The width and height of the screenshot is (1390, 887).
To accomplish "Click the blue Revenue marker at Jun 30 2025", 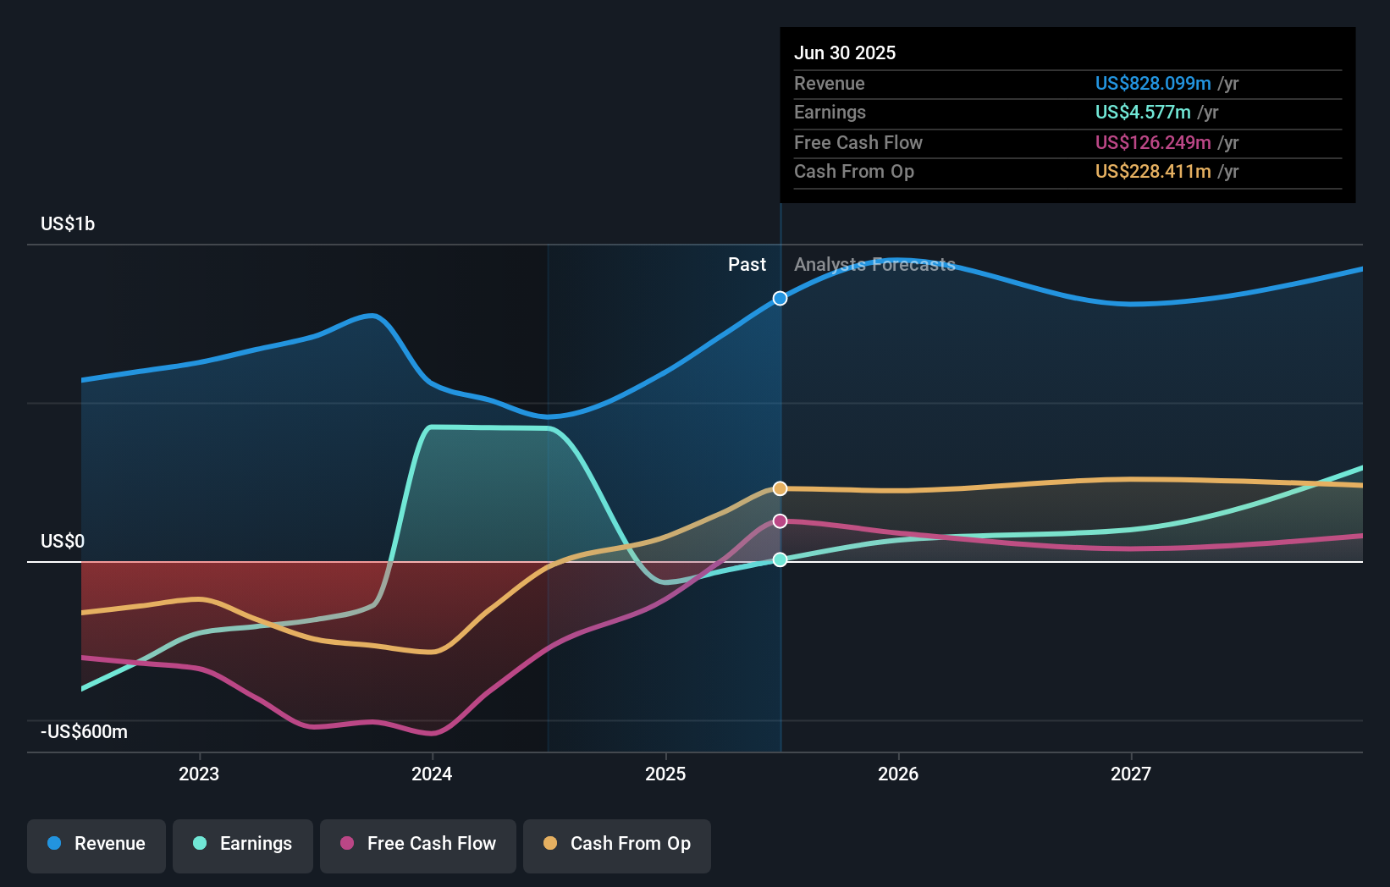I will [780, 298].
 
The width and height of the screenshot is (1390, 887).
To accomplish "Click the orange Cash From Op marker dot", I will [780, 488].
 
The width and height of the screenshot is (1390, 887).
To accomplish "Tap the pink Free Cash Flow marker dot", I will [780, 521].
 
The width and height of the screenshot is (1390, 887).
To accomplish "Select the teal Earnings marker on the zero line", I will [780, 559].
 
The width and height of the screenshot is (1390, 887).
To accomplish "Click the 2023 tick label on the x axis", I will [199, 774].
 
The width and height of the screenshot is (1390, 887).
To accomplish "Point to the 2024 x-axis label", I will [432, 774].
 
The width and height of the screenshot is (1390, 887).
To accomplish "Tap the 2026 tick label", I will [898, 774].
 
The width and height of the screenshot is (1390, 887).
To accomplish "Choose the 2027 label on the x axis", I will [1131, 774].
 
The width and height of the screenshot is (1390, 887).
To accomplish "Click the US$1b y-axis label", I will [68, 223].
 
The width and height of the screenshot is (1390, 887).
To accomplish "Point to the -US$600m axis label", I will [85, 731].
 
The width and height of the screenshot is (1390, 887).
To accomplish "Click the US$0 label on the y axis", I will [63, 541].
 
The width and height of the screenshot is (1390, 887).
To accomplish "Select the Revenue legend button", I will [97, 844].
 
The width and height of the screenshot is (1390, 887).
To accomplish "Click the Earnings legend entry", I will [243, 844].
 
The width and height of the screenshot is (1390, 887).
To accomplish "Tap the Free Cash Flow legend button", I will [418, 844].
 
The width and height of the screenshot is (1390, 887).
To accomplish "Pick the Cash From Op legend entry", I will [617, 844].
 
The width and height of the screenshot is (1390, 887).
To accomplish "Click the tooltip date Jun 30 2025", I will [845, 52].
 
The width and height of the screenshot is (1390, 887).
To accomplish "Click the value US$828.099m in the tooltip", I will [1153, 83].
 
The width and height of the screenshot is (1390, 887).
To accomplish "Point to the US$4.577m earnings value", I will [1143, 112].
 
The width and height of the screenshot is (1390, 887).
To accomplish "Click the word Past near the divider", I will [747, 264].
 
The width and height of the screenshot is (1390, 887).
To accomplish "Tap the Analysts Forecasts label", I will [874, 264].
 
